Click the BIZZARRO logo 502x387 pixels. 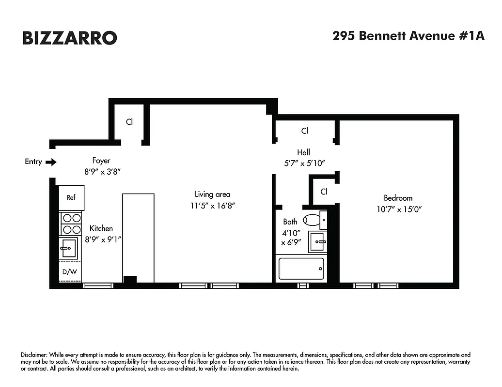(x=69, y=38)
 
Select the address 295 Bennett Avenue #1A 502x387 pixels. (x=408, y=36)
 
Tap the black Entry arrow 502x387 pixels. (x=51, y=162)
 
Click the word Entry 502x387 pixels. (x=33, y=162)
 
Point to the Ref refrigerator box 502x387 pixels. (x=71, y=197)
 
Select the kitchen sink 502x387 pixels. (x=68, y=248)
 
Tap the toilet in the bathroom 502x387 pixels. (x=314, y=220)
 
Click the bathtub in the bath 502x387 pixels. (x=301, y=268)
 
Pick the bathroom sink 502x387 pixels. (x=318, y=241)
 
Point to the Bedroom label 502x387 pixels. (x=398, y=198)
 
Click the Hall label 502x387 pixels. (x=304, y=152)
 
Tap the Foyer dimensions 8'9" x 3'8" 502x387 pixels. (x=101, y=171)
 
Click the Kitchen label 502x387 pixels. (x=101, y=228)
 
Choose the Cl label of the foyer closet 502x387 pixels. (x=129, y=122)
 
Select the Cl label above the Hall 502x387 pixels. (x=305, y=131)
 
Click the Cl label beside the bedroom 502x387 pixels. (x=324, y=192)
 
